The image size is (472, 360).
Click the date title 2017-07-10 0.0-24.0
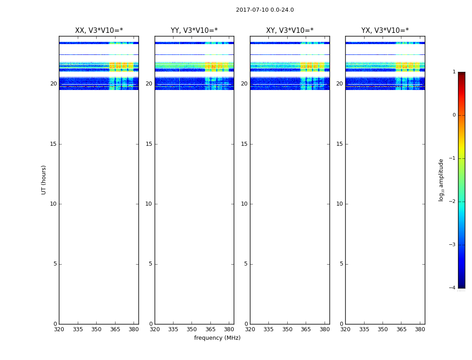pyautogui.click(x=265, y=10)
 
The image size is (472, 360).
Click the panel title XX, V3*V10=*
pyautogui.click(x=99, y=31)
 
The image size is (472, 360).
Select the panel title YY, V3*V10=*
pyautogui.click(x=194, y=31)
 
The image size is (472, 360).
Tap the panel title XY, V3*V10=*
pyautogui.click(x=289, y=31)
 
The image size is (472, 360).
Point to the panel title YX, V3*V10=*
pyautogui.click(x=385, y=31)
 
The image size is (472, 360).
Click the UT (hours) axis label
pyautogui.click(x=44, y=180)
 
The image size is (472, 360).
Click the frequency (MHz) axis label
pyautogui.click(x=217, y=338)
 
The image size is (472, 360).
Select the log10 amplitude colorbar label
pyautogui.click(x=441, y=180)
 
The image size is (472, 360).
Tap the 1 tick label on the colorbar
pyautogui.click(x=454, y=72)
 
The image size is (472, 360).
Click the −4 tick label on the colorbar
pyautogui.click(x=453, y=288)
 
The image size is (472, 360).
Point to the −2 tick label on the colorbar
pyautogui.click(x=453, y=202)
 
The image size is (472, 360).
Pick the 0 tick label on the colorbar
pyautogui.click(x=454, y=115)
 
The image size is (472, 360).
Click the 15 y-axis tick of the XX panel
pyautogui.click(x=53, y=144)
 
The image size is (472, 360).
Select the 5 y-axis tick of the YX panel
pyautogui.click(x=341, y=264)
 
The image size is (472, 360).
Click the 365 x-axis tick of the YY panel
pyautogui.click(x=211, y=329)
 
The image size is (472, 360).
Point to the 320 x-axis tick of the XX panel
pyautogui.click(x=59, y=329)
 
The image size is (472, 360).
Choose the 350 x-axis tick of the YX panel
pyautogui.click(x=383, y=329)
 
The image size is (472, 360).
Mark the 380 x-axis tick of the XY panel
pyautogui.click(x=325, y=329)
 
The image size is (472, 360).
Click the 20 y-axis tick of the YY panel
pyautogui.click(x=149, y=84)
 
